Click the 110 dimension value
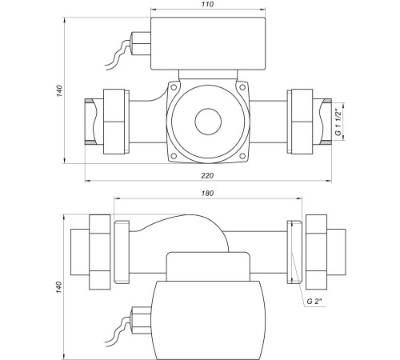tap(208, 5)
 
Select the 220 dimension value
tap(207, 175)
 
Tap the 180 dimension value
tap(208, 193)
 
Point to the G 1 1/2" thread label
tap(338, 122)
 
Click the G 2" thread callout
tap(314, 302)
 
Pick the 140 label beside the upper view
tap(59, 90)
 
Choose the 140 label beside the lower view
tap(59, 287)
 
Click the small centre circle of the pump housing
tap(208, 122)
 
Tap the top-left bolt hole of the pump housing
tap(174, 87)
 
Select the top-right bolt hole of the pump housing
tap(242, 87)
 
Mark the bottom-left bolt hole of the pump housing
tap(174, 156)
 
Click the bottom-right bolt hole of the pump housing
tap(242, 156)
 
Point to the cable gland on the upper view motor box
tap(141, 43)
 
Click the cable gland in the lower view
tap(142, 320)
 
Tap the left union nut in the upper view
tap(114, 122)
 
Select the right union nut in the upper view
tap(302, 122)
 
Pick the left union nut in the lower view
tap(100, 252)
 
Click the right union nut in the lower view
tap(316, 252)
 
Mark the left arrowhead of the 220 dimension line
tap(87, 181)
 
